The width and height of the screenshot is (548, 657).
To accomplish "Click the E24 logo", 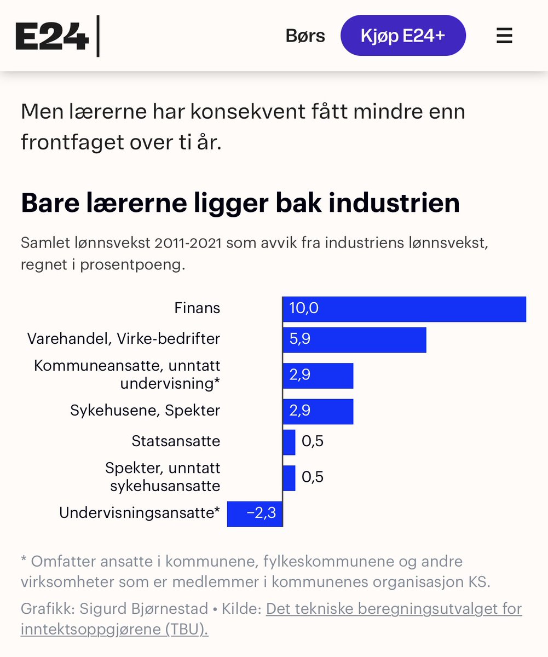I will pyautogui.click(x=52, y=37).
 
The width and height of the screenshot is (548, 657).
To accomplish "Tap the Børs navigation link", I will pyautogui.click(x=305, y=36).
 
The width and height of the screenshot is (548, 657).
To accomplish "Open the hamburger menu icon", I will pyautogui.click(x=504, y=36).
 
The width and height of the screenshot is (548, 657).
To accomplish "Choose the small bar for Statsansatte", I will pyautogui.click(x=289, y=442).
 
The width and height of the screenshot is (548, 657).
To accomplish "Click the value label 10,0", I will pyautogui.click(x=303, y=308).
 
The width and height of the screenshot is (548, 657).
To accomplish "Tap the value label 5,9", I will pyautogui.click(x=299, y=339).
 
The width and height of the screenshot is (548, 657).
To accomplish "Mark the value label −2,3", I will pyautogui.click(x=261, y=514).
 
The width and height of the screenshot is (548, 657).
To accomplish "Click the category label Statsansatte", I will pyautogui.click(x=176, y=441).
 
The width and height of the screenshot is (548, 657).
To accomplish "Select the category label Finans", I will pyautogui.click(x=197, y=308).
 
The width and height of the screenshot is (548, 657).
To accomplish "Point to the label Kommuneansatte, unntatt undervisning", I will pyautogui.click(x=127, y=374).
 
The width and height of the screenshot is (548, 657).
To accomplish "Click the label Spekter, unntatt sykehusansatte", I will pyautogui.click(x=163, y=477).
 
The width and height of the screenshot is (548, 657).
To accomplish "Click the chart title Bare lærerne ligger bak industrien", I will pyautogui.click(x=240, y=203).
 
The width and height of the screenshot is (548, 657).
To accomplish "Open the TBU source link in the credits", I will pyautogui.click(x=393, y=609).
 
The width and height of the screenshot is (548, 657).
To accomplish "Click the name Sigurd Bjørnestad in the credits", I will pyautogui.click(x=144, y=609).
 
